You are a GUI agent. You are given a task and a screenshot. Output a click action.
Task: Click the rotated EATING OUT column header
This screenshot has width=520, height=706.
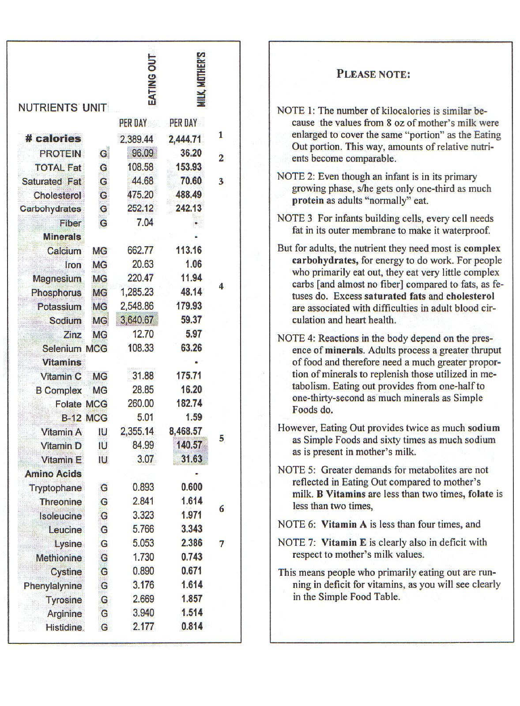click(x=152, y=79)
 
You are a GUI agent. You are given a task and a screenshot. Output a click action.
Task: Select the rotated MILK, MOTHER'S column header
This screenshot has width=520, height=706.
click(x=201, y=79)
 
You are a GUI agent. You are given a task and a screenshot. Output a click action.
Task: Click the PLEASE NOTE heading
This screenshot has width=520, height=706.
click(x=373, y=74)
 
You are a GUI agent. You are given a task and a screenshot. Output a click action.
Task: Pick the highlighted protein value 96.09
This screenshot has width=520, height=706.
click(x=142, y=153)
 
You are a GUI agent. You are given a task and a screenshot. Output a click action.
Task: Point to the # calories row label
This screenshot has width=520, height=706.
click(x=53, y=139)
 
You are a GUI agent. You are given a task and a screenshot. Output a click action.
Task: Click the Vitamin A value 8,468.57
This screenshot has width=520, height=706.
click(x=185, y=431)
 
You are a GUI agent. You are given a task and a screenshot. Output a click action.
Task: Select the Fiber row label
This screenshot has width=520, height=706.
click(x=71, y=223)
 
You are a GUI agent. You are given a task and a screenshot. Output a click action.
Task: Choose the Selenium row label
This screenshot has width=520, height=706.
click(x=62, y=348)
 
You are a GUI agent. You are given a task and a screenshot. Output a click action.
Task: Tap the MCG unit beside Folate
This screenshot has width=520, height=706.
click(x=97, y=404)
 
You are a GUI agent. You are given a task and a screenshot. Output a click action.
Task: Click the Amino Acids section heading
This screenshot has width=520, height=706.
click(x=53, y=474)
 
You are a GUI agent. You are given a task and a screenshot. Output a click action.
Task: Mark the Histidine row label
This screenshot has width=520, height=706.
click(x=64, y=627)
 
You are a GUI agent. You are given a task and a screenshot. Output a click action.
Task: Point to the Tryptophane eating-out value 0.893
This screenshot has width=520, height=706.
click(x=143, y=487)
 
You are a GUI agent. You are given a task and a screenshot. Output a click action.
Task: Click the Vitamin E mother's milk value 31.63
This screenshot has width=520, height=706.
click(x=192, y=459)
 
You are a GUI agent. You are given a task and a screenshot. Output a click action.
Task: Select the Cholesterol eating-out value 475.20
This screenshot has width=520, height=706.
click(x=140, y=195)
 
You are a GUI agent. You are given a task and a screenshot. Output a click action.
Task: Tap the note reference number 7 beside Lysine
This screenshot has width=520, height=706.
click(x=222, y=544)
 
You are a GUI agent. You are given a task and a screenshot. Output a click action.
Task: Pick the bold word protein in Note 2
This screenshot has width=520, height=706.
click(x=308, y=200)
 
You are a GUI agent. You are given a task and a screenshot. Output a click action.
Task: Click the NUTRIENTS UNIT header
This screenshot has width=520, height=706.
click(x=62, y=108)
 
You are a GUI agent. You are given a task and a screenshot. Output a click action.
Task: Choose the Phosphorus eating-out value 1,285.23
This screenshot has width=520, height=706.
click(x=137, y=292)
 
